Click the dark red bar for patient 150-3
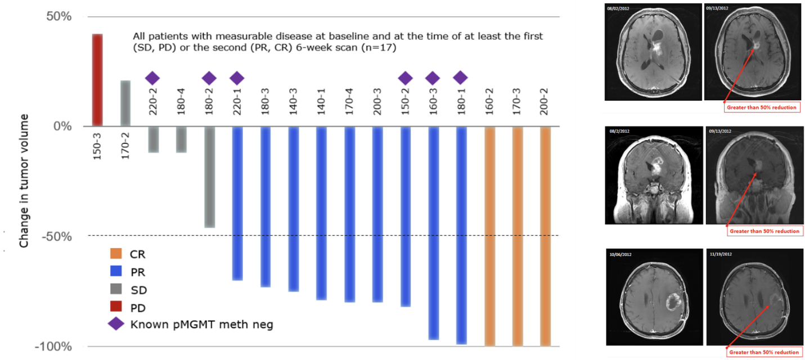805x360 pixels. (x=97, y=80)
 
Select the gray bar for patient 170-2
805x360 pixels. (x=125, y=103)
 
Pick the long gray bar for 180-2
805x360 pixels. (x=209, y=177)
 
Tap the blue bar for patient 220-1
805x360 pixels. (x=237, y=203)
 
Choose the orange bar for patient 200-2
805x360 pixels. (x=544, y=236)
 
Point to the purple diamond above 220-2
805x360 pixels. (x=152, y=78)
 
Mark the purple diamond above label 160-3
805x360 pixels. (x=432, y=78)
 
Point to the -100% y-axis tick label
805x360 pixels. (x=53, y=346)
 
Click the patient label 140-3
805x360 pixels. (x=293, y=102)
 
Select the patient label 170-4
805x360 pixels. (x=349, y=102)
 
